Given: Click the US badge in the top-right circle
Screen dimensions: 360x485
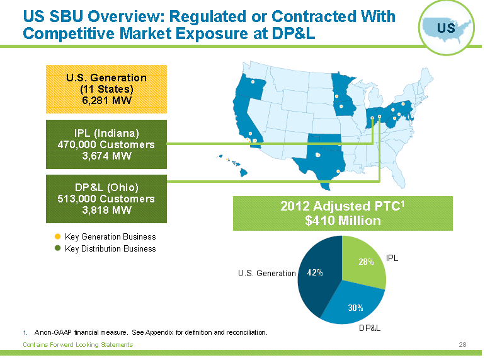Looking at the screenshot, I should point(446,27).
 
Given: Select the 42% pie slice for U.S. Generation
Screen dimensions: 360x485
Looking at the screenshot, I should point(315,272).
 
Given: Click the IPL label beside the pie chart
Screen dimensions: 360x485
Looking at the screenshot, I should point(392,258).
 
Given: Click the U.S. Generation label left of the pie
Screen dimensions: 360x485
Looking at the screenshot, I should point(266,273).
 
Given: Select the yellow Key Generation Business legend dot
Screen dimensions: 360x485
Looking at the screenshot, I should point(58,236).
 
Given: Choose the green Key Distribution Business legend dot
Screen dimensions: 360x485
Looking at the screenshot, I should point(58,248).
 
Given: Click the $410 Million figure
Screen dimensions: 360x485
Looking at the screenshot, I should point(343,221).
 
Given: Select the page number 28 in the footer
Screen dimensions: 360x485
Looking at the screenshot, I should point(462,344).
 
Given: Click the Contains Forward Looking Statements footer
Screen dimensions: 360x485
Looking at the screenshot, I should point(77,344).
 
